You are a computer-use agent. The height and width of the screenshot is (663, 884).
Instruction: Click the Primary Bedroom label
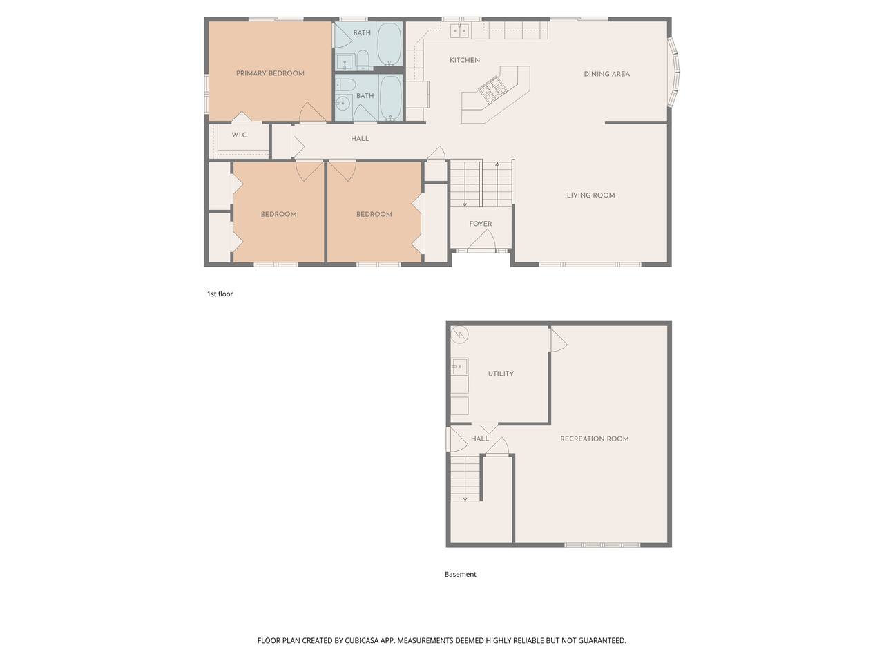pyautogui.click(x=270, y=73)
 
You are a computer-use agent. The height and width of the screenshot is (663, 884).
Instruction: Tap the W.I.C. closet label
pyautogui.click(x=240, y=135)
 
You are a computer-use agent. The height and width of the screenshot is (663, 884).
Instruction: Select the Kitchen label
pyautogui.click(x=465, y=60)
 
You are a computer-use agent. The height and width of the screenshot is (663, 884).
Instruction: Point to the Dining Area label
pyautogui.click(x=606, y=74)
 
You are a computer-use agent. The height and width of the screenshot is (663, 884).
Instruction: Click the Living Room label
pyautogui.click(x=590, y=195)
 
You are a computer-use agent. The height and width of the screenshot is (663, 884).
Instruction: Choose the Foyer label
pyautogui.click(x=481, y=224)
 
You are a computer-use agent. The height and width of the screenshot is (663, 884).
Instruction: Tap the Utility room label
pyautogui.click(x=501, y=374)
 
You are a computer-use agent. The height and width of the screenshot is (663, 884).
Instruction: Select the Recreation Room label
pyautogui.click(x=595, y=439)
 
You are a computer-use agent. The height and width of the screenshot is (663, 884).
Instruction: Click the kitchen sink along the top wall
pyautogui.click(x=459, y=30)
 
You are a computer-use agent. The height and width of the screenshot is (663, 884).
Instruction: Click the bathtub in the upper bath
pyautogui.click(x=390, y=44)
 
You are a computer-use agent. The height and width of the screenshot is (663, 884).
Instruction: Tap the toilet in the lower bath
pyautogui.click(x=346, y=84)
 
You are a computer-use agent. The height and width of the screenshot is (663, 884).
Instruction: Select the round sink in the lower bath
pyautogui.click(x=343, y=104)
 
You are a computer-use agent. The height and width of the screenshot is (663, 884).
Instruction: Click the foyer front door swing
pyautogui.click(x=482, y=241)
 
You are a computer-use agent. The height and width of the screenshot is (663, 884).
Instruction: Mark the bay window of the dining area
pyautogui.click(x=674, y=73)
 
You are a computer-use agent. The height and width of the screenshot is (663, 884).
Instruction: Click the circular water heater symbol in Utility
pyautogui.click(x=459, y=334)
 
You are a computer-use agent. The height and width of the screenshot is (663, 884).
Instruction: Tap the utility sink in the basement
pyautogui.click(x=459, y=366)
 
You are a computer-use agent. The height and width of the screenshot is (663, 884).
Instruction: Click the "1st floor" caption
pyautogui.click(x=220, y=294)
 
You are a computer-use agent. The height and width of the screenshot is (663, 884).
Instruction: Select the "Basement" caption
pyautogui.click(x=461, y=574)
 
